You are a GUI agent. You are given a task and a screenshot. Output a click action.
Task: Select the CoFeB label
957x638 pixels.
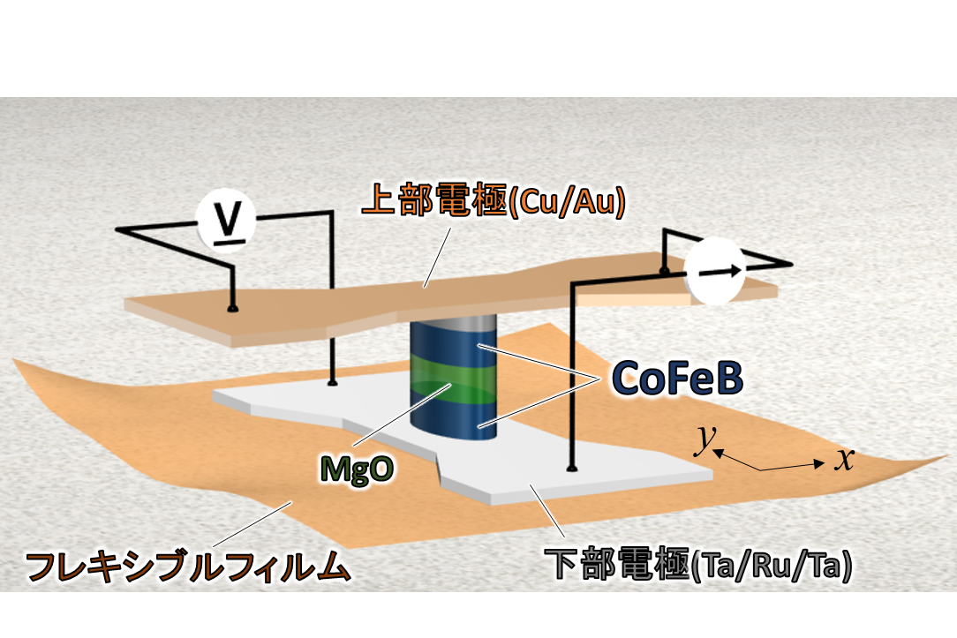(x=677, y=379)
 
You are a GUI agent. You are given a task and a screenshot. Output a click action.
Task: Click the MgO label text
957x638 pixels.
(x=357, y=469)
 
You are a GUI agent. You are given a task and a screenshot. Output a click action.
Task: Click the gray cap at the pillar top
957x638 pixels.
(x=452, y=322)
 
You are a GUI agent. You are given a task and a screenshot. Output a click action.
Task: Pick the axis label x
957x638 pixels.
(x=845, y=459)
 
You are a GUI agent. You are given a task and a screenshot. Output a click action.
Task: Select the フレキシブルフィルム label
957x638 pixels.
(x=188, y=566)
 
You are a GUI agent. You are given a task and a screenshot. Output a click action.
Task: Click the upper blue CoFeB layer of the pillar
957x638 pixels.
(x=452, y=345)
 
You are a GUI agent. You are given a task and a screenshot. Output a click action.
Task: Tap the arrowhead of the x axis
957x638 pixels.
(x=819, y=464)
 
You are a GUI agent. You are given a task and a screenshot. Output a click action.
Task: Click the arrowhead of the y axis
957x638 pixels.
(x=719, y=453)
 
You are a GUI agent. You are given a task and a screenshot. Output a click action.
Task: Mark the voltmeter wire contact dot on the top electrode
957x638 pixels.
(x=232, y=309)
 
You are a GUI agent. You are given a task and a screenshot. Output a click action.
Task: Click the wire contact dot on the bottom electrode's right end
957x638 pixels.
(x=572, y=468)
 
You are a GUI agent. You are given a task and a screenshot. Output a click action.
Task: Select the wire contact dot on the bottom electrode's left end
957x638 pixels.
(x=333, y=382)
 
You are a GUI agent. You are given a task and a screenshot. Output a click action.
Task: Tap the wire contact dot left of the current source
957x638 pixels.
(x=665, y=269)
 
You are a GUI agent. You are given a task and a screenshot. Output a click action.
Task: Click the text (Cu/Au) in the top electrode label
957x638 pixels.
(x=567, y=202)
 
